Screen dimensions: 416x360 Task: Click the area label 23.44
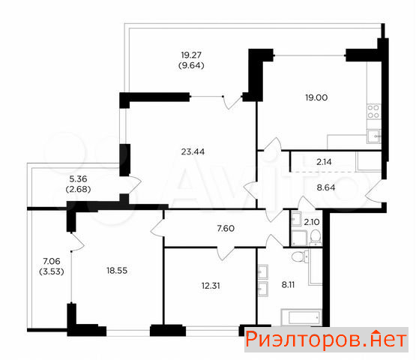[193, 151]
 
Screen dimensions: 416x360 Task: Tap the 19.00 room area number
[316, 97]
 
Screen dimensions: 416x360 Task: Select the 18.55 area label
[117, 271]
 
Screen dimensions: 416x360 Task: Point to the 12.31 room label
[211, 286]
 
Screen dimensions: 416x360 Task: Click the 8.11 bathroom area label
[288, 284]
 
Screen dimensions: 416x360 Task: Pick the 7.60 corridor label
[226, 228]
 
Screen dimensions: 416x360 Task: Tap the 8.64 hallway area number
[326, 187]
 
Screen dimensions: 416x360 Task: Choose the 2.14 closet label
[324, 162]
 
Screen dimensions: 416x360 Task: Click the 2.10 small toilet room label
[312, 222]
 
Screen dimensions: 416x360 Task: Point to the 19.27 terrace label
[191, 55]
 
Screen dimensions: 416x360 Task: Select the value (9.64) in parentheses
[191, 65]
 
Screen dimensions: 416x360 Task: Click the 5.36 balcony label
[78, 178]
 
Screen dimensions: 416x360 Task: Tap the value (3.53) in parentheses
[52, 271]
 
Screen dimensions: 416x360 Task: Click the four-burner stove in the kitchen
[374, 112]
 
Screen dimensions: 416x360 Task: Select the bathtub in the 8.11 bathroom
[301, 317]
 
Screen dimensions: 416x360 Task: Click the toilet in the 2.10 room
[316, 236]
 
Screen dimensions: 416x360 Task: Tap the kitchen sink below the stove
[374, 136]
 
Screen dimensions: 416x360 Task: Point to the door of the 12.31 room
[226, 253]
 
